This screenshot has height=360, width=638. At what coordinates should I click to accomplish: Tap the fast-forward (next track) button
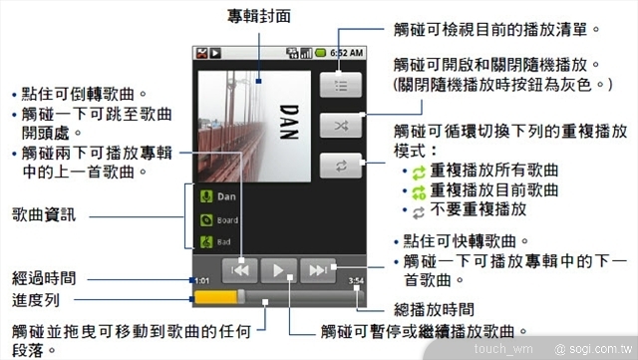tap(318, 269)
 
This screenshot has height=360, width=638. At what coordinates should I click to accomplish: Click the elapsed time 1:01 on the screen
tap(201, 281)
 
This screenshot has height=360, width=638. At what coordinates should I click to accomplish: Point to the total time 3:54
tap(356, 281)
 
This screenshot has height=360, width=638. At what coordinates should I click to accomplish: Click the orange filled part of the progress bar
tap(216, 297)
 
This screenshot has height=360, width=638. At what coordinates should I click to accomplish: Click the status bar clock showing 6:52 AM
tap(346, 52)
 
